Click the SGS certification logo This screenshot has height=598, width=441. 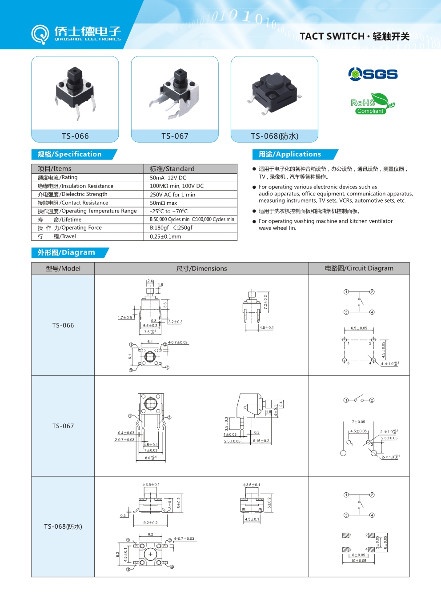373,74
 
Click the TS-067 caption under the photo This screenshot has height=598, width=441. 175,136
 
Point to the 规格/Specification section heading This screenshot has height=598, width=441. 69,154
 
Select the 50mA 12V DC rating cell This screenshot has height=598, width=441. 168,178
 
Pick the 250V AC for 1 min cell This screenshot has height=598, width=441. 172,195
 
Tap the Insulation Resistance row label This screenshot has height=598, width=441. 76,186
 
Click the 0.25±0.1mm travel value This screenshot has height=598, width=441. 165,236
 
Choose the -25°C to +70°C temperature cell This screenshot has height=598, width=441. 169,211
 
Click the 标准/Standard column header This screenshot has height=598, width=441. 172,169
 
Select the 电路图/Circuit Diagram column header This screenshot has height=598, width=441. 359,268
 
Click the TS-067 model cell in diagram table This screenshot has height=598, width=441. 63,426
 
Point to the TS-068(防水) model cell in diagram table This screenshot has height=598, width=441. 63,526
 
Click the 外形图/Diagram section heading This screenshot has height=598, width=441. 66,252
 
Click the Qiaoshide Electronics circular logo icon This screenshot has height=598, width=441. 40,34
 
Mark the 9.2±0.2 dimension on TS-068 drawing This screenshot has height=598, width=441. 150,522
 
